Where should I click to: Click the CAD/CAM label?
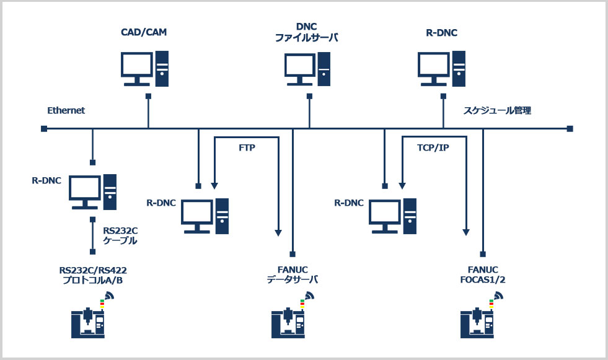[x=144, y=32]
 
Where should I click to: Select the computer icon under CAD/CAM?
[x=144, y=69]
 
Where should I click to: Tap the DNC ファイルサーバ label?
[x=306, y=32]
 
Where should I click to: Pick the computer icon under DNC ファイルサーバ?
[x=307, y=69]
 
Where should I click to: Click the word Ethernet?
[x=66, y=110]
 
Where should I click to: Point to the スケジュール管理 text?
[x=497, y=110]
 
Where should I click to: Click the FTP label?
[x=247, y=147]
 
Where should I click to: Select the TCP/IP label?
[x=433, y=147]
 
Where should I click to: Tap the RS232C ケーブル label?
[x=120, y=235]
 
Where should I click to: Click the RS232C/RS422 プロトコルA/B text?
[x=93, y=275]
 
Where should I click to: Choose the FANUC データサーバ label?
[x=293, y=274]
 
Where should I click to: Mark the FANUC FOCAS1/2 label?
[x=483, y=274]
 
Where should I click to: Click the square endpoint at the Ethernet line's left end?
[x=44, y=129]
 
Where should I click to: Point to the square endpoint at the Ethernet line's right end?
[x=570, y=129]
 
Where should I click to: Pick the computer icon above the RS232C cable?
[x=93, y=192]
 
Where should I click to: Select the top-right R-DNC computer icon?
[x=442, y=69]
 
